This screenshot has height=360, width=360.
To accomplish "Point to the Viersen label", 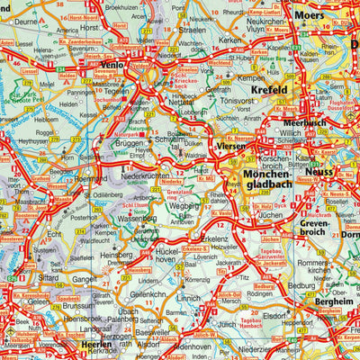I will click(232, 146).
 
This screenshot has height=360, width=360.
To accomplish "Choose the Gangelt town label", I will click(85, 278).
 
